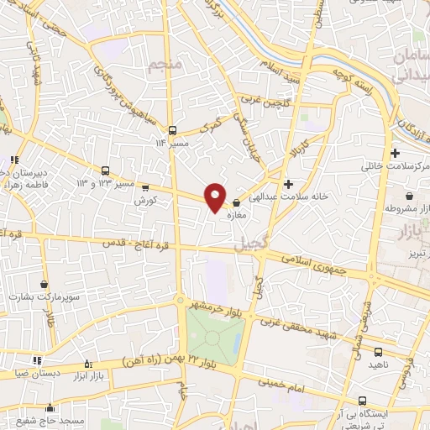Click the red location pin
pyautogui.click(x=216, y=197)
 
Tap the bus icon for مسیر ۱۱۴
pyautogui.click(x=172, y=130)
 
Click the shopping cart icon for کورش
pyautogui.click(x=145, y=189)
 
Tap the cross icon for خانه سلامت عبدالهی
pyautogui.click(x=289, y=184)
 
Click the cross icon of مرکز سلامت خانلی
pyautogui.click(x=395, y=154)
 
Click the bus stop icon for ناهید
pyautogui.click(x=377, y=353)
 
